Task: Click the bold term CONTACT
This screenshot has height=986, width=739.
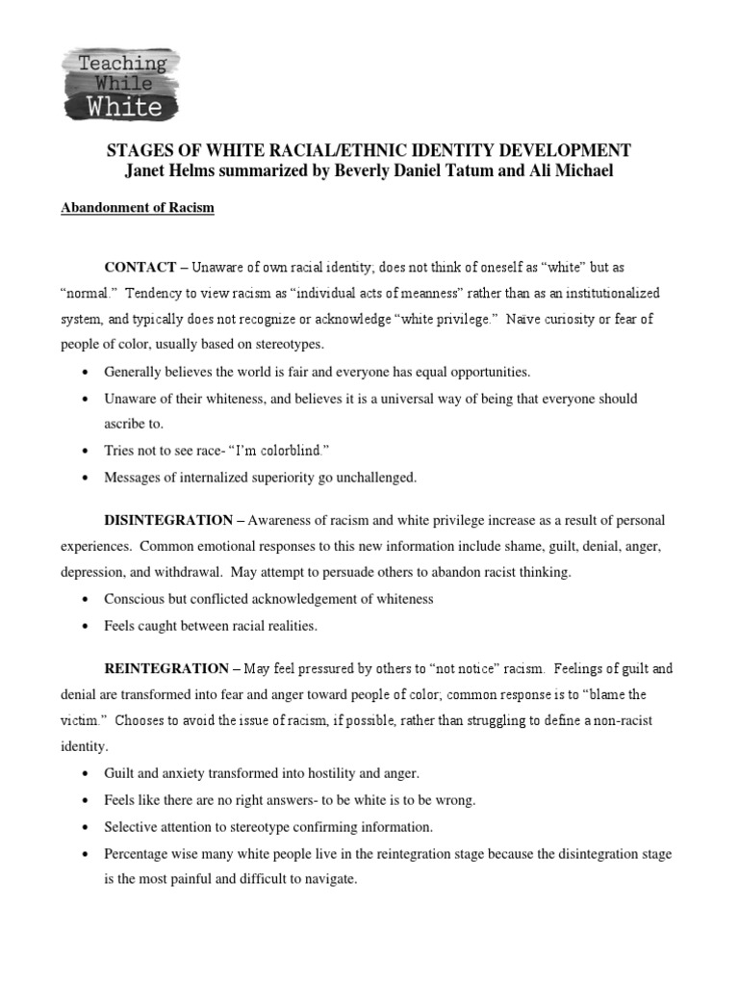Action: tap(140, 266)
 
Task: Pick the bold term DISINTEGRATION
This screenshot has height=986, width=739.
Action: tap(168, 521)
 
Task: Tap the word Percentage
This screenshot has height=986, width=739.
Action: tap(140, 854)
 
